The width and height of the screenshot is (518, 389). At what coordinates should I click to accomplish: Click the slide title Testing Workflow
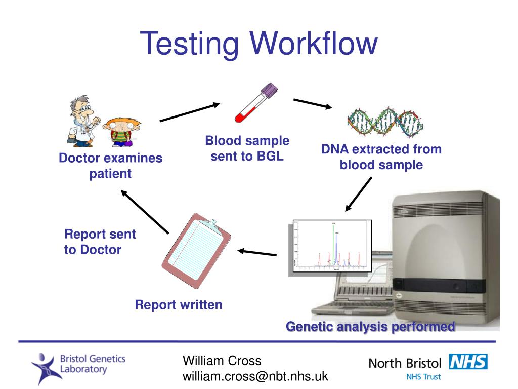[x=258, y=43]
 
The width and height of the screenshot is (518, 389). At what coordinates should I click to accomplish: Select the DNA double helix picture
[x=385, y=122]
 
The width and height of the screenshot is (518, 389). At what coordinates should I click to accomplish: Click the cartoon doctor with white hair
[x=82, y=120]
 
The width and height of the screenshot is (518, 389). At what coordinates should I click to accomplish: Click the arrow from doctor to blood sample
[x=190, y=112]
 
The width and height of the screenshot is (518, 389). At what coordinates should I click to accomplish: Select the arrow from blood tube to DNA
[x=313, y=103]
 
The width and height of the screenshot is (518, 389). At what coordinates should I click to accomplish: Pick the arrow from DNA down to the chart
[x=359, y=194]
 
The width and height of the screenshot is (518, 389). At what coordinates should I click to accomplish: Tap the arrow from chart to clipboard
[x=257, y=252]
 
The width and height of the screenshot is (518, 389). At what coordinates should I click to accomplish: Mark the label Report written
[x=178, y=305]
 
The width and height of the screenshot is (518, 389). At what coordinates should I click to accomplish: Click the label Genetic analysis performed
[x=370, y=327]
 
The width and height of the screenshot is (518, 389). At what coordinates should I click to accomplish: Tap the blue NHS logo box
[x=468, y=362]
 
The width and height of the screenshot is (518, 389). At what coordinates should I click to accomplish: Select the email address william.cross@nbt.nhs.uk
[x=255, y=376]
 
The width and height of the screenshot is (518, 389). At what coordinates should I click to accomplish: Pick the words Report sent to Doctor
[x=100, y=242]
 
